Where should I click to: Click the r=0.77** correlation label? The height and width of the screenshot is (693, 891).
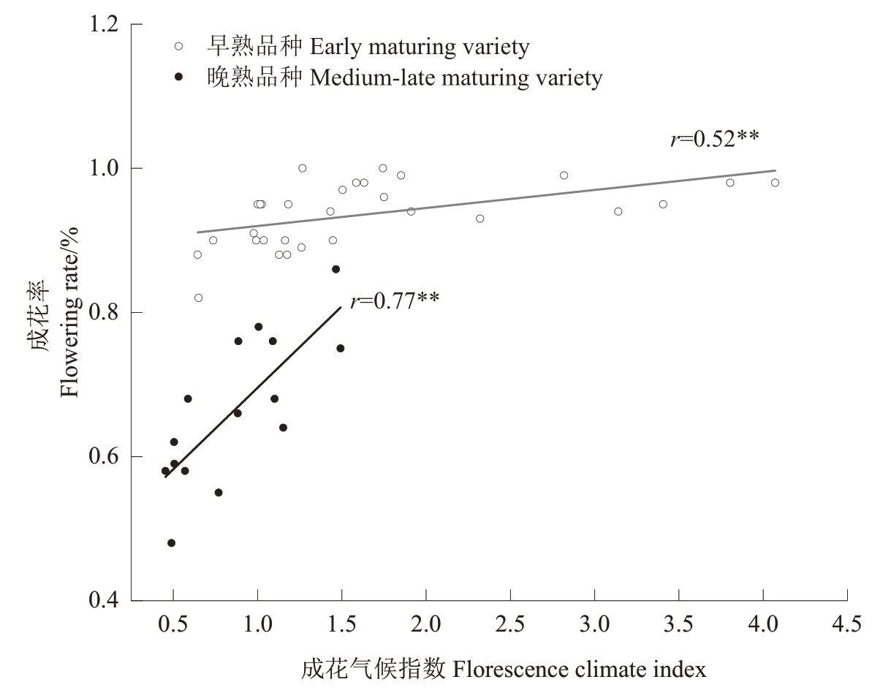[x=395, y=300]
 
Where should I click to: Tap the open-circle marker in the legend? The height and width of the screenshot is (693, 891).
[x=178, y=47]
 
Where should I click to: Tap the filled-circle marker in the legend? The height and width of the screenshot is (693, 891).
[x=178, y=77]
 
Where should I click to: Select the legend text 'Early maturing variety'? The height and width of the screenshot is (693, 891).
[x=420, y=48]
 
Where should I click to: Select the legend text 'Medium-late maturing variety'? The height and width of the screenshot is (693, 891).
[x=456, y=77]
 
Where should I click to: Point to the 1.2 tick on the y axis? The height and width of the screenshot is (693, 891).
[x=132, y=24]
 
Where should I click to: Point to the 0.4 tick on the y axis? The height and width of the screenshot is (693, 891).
[x=132, y=601]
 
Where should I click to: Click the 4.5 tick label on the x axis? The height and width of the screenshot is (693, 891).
[x=847, y=625]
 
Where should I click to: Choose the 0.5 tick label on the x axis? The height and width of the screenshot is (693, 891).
[x=173, y=625]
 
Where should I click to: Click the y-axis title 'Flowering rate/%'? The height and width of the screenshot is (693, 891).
[x=69, y=313]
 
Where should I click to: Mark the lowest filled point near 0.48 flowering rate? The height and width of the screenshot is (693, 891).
[x=171, y=543]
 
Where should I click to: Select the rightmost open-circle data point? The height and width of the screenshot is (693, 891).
[x=775, y=183]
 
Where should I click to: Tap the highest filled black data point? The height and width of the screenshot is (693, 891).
[x=335, y=269]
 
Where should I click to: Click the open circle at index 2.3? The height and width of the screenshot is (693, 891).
[x=479, y=219]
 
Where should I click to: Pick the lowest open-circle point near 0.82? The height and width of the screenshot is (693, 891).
[x=198, y=298]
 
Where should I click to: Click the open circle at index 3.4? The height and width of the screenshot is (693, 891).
[x=663, y=204]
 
